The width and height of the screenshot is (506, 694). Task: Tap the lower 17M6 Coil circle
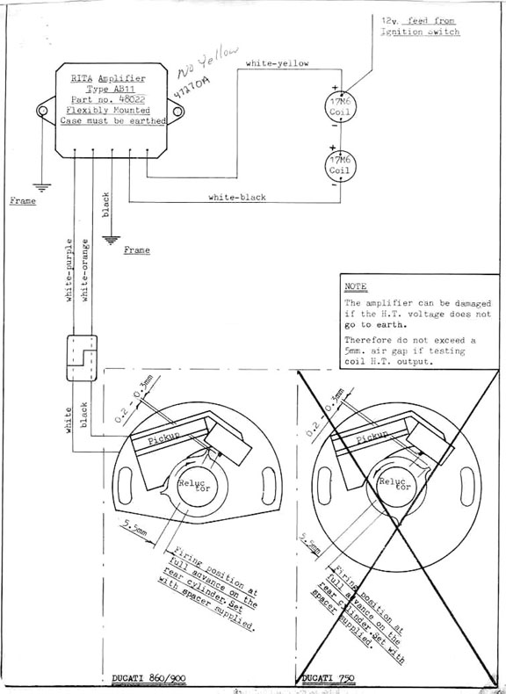tap(338, 166)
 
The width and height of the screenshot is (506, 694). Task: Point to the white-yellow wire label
tap(277, 63)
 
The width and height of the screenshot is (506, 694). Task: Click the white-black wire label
tap(236, 198)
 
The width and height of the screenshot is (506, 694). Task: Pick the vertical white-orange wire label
tap(84, 269)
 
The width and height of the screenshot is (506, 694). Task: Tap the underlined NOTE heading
tap(356, 286)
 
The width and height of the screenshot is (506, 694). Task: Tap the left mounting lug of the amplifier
tap(40, 112)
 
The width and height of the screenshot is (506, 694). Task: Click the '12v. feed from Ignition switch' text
tap(420, 25)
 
